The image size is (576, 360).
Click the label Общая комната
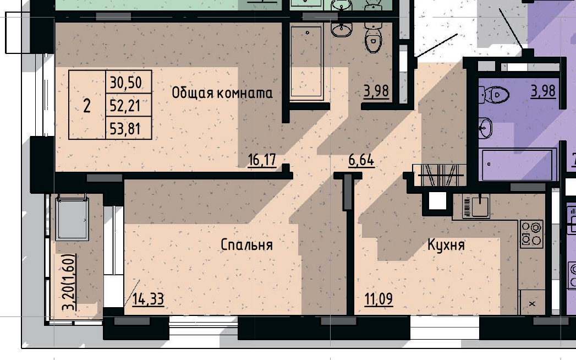click(222, 92)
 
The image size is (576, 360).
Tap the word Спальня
click(247, 244)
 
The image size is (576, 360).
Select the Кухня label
click(446, 245)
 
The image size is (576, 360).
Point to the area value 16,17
click(261, 160)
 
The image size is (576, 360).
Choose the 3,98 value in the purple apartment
click(543, 91)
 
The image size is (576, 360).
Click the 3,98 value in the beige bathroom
click(376, 91)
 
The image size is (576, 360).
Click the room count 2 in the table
click(87, 106)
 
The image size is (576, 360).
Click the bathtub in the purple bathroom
click(518, 164)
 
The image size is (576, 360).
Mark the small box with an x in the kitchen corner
click(532, 303)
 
